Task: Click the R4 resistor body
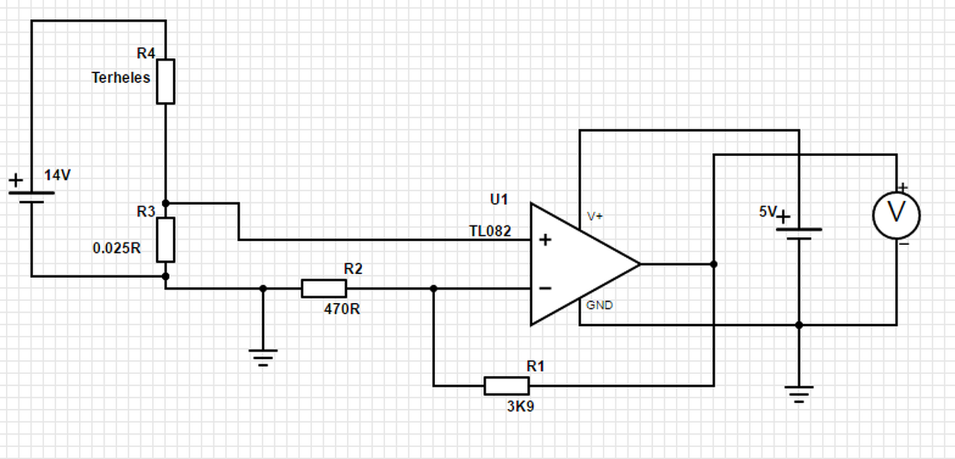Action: pos(166,81)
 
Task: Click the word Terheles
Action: pos(121,78)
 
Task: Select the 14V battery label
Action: pos(57,175)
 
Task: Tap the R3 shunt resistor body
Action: pos(166,240)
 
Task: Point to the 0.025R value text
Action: pos(117,249)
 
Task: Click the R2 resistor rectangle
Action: pos(324,289)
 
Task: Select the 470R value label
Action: pos(342,309)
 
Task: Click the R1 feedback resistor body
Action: pos(507,386)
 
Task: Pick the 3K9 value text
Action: pos(521,407)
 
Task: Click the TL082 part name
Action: pos(490,231)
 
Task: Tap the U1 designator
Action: pos(499,199)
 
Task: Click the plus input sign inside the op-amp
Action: pos(545,240)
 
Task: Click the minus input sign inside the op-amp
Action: pos(545,289)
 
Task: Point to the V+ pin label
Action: pos(595,216)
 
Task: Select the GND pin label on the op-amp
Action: pos(599,305)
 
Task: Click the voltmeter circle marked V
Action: pos(897,216)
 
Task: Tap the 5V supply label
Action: pos(768,211)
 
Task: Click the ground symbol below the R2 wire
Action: pos(263,358)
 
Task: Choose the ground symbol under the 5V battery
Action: pos(799,395)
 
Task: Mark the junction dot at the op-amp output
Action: pos(714,264)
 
